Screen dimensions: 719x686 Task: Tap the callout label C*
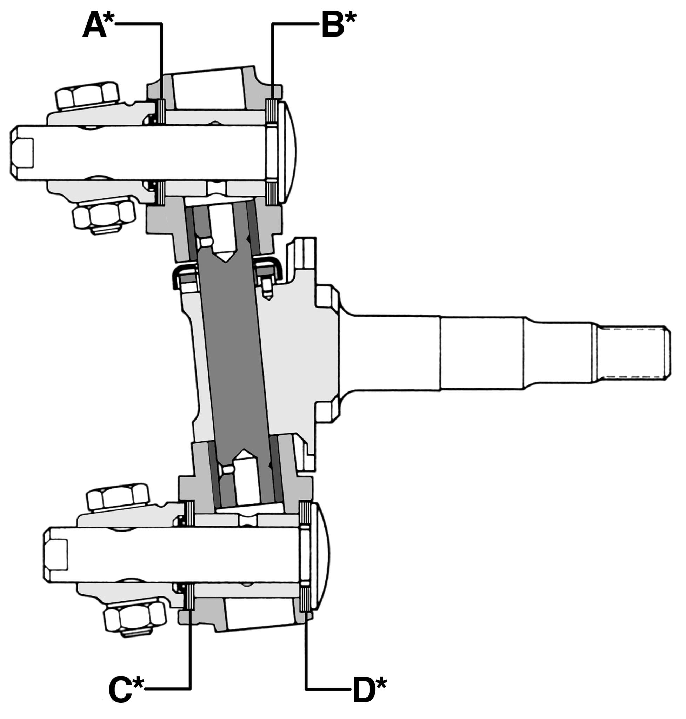pos(125,690)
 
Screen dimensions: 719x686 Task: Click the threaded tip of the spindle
pos(633,352)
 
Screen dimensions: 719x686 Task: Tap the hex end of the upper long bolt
pos(22,153)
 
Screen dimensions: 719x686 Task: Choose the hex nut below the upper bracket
pos(104,216)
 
